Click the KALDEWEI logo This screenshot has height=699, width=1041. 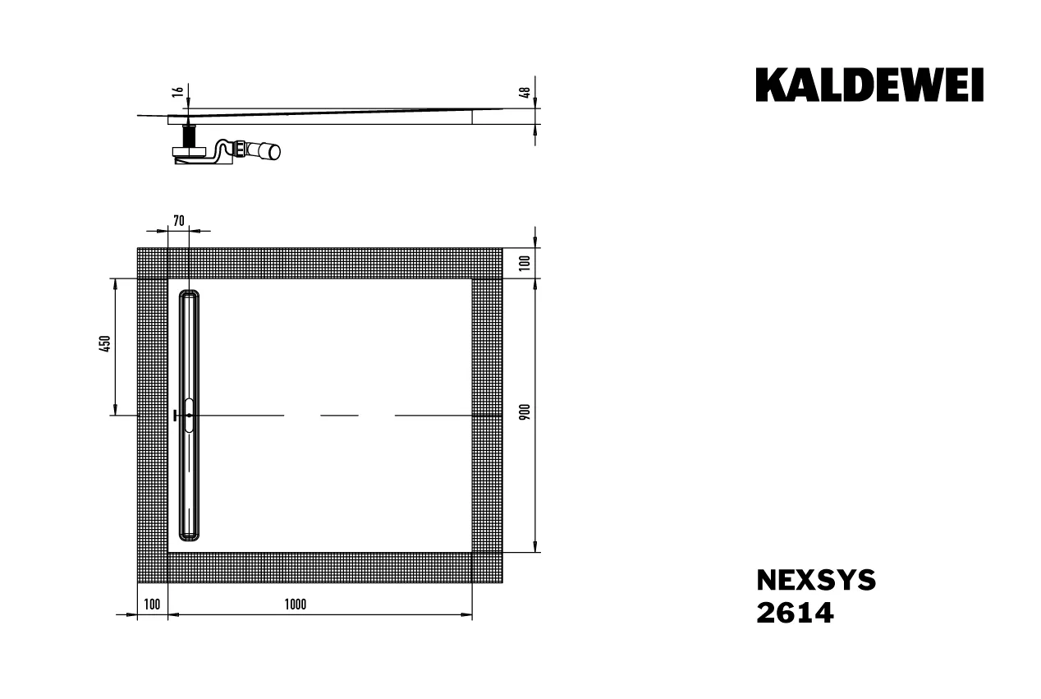[x=869, y=85]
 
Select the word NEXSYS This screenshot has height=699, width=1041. [x=815, y=581]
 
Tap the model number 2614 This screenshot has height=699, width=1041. [x=794, y=613]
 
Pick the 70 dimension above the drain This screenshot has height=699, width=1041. [x=179, y=220]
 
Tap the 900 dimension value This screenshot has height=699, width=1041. [x=525, y=412]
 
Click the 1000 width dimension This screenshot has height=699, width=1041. [x=296, y=605]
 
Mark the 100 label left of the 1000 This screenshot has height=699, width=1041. [x=151, y=605]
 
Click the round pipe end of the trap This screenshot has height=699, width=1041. [x=273, y=152]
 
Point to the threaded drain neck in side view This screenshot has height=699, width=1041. [x=190, y=134]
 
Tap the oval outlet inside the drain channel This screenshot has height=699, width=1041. [x=190, y=416]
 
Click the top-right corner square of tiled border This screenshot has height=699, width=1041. [x=487, y=263]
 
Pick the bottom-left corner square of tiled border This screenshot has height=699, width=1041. [x=152, y=568]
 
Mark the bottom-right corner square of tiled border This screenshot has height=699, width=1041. [x=487, y=568]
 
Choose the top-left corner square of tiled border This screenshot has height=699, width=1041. [x=152, y=263]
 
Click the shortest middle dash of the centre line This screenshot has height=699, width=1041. [x=339, y=416]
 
